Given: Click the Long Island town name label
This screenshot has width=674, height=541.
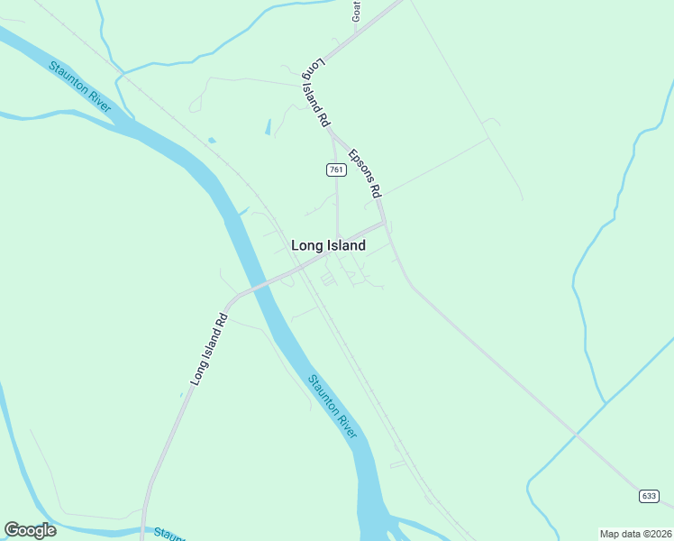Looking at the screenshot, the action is (x=328, y=245).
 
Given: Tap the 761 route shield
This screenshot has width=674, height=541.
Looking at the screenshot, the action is (x=336, y=170).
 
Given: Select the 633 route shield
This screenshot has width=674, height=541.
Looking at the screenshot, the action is (x=650, y=496).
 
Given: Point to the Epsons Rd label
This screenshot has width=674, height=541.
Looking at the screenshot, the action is (x=365, y=172).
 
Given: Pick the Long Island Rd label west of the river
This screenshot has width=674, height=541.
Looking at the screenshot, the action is (x=208, y=349).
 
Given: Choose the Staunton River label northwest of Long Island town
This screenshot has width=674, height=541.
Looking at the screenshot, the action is (x=80, y=87).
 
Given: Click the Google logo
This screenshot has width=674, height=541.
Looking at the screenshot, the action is (x=30, y=530).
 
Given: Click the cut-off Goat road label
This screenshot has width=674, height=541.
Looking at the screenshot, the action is (x=357, y=11).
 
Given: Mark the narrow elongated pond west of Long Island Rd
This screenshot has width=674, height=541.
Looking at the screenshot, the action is (x=268, y=128).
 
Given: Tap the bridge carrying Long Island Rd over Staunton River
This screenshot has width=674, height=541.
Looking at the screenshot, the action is (x=261, y=284).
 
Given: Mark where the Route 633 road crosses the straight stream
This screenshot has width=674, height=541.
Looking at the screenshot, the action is (x=576, y=435).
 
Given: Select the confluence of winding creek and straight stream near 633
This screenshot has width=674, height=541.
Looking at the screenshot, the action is (x=606, y=402).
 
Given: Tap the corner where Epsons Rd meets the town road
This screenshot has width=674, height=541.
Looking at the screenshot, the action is (x=385, y=222).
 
